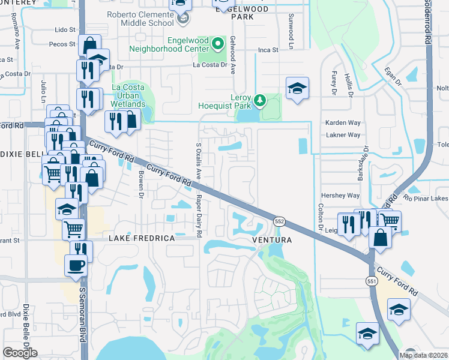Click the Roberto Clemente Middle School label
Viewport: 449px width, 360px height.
point(140,19)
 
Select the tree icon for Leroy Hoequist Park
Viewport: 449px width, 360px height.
point(259,100)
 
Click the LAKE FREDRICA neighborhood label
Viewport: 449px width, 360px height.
point(142,239)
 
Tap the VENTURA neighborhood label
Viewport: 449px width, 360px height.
point(272,240)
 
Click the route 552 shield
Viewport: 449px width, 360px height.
point(279,221)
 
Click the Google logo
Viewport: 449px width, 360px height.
point(20,353)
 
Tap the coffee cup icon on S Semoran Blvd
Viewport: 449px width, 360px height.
point(76,265)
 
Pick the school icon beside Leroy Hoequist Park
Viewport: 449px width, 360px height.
point(297,89)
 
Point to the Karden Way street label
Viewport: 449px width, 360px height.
point(343,122)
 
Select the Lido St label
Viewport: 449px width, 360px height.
point(65,29)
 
